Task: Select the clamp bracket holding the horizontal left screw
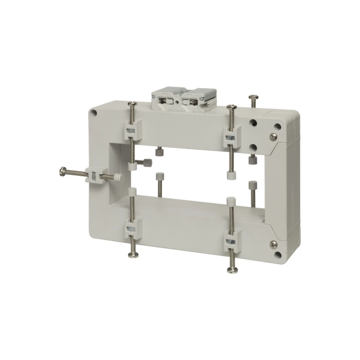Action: [x=94, y=175]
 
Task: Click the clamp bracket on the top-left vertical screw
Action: [x=131, y=130]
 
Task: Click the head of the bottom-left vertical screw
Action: [x=132, y=255]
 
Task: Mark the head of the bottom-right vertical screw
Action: [x=233, y=269]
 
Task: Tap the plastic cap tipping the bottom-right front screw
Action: [x=231, y=201]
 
